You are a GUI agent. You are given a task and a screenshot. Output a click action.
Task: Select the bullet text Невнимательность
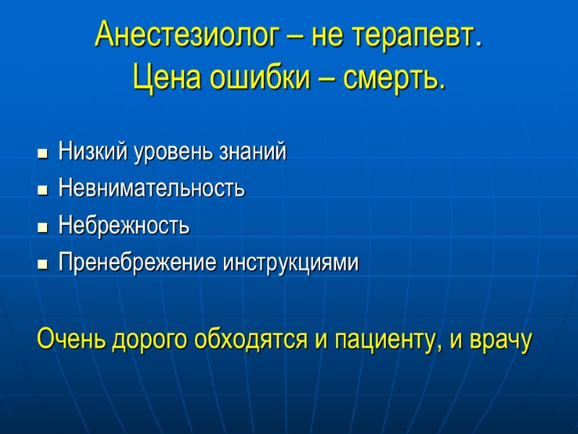point(152,189)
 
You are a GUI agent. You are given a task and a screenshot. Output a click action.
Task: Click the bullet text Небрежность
point(124,226)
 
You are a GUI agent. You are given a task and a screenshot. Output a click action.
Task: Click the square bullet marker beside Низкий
point(43,153)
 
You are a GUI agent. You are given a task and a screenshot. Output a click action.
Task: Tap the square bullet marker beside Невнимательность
point(43,190)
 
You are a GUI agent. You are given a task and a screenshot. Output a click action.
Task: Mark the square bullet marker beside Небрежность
point(43,228)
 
